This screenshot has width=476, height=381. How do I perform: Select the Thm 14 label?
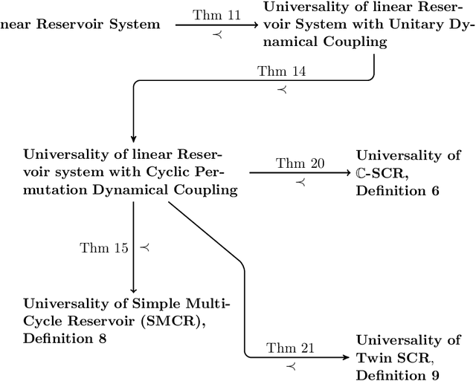[276, 71]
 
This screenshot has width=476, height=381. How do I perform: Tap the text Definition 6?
[398, 191]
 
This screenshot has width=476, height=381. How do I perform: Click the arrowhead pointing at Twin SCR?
[347, 357]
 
